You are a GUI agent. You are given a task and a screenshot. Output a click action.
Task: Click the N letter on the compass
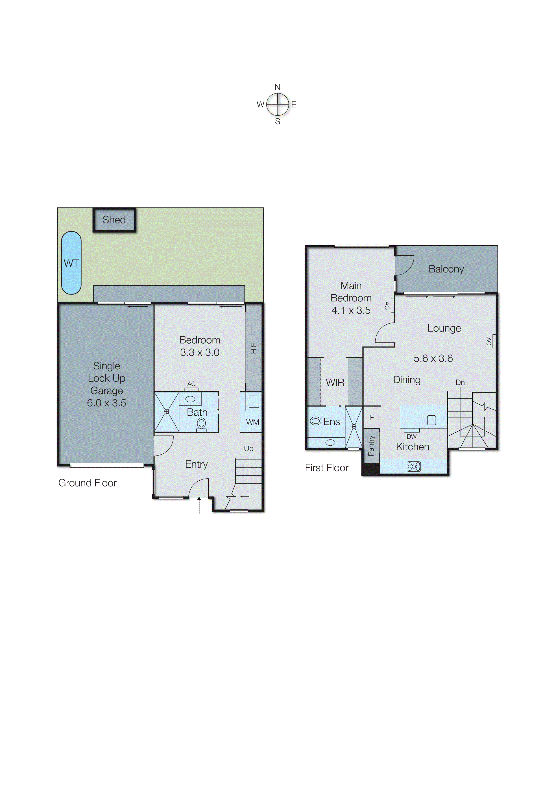click(278, 87)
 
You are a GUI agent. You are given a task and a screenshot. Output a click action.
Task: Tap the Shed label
click(114, 220)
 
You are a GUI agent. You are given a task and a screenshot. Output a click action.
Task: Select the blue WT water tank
click(71, 263)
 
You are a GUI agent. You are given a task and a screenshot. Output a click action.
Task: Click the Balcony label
click(446, 269)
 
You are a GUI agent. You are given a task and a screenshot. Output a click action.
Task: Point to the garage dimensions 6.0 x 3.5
click(107, 403)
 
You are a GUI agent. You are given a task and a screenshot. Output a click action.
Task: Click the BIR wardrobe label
click(253, 348)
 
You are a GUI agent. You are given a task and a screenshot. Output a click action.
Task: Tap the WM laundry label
click(253, 422)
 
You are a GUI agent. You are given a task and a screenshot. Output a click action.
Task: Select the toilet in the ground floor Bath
click(201, 424)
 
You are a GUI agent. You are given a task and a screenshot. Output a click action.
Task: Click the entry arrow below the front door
click(199, 506)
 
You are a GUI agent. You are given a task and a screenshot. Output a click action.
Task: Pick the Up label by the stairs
click(249, 449)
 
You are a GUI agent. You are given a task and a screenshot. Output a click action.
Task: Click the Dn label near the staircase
click(460, 382)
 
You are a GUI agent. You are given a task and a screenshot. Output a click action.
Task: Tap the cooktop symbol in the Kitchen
click(414, 466)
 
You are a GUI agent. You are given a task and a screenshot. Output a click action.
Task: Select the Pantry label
click(371, 446)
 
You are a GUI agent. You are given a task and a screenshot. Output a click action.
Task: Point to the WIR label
click(335, 382)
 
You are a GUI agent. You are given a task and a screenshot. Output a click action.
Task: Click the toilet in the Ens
click(315, 421)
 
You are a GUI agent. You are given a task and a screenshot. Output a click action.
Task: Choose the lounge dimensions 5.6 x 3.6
click(433, 358)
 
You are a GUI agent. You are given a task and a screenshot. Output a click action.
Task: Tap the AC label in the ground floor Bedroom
click(191, 384)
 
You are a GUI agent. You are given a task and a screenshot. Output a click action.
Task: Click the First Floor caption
click(327, 468)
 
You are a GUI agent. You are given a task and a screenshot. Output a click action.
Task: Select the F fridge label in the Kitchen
click(372, 418)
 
